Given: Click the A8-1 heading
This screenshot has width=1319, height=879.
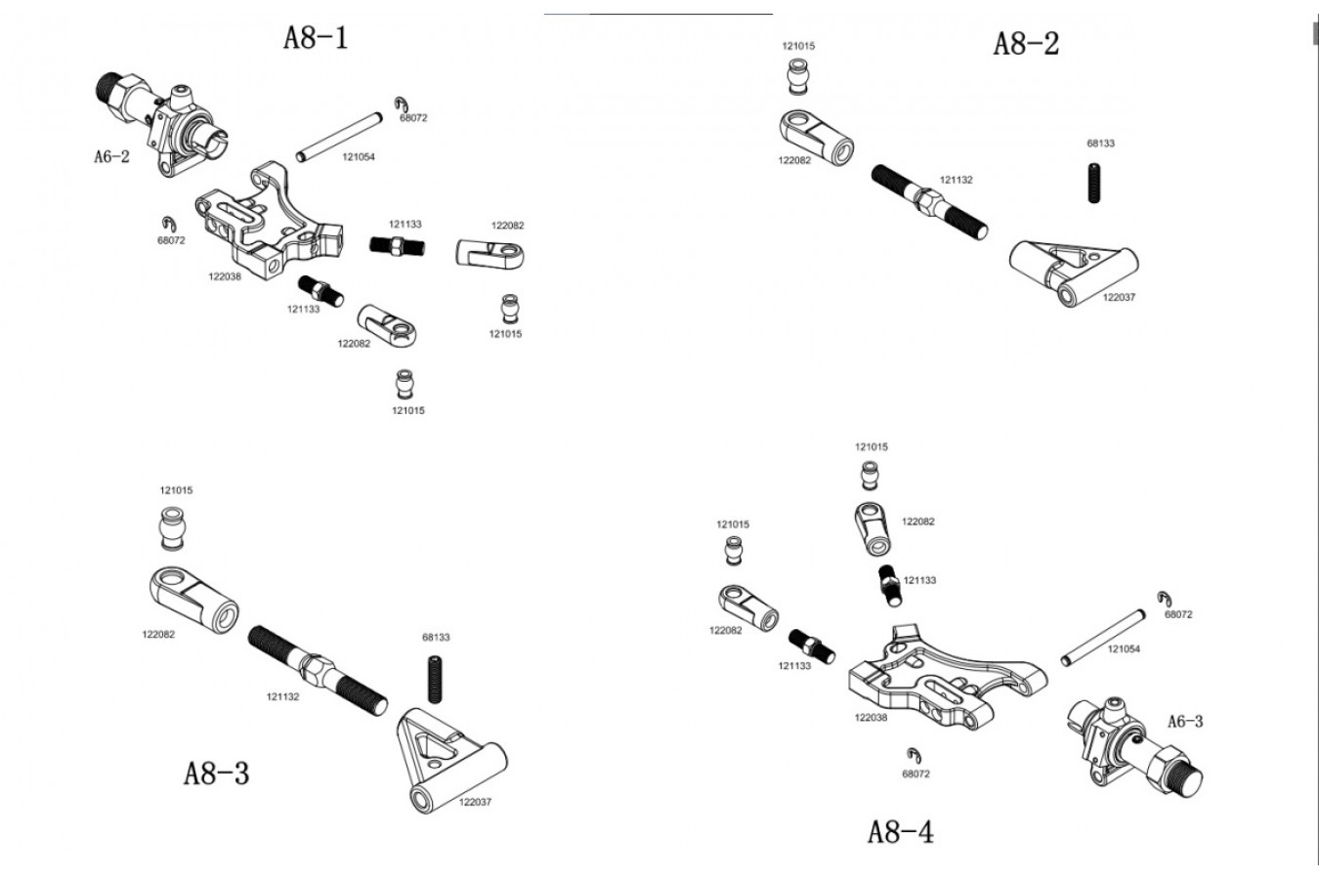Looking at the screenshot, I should click(315, 38).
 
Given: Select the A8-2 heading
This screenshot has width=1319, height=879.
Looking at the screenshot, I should click(1025, 44).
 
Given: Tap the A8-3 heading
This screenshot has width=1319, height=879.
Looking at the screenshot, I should click(216, 774).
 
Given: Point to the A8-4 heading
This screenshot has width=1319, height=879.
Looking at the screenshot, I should click(900, 832).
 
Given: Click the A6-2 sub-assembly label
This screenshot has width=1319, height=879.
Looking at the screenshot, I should click(111, 156).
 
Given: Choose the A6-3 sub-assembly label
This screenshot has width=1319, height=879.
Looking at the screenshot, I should click(1185, 722).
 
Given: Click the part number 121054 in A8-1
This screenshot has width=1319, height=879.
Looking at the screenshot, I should click(358, 157).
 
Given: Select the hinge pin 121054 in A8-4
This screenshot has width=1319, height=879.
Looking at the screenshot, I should click(1102, 639).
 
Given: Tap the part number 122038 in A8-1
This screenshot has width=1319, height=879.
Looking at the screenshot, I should click(224, 276).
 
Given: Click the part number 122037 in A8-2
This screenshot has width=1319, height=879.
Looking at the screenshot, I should click(1119, 298).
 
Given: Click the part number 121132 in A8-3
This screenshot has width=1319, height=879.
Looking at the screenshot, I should click(282, 697).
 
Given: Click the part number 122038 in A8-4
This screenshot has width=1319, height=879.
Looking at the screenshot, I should click(871, 718).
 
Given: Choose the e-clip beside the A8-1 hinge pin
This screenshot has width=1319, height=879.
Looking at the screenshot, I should click(403, 105).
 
